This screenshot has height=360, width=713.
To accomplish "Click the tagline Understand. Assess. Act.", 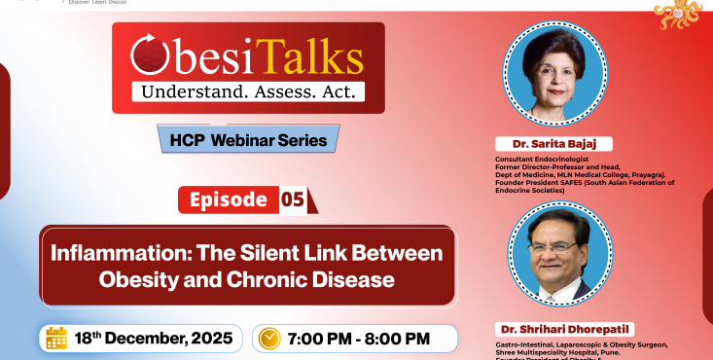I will (248, 92).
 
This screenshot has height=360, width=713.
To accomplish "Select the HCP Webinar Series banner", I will (248, 139).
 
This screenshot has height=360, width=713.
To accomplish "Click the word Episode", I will (228, 199).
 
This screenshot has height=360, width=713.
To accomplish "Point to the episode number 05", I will (293, 200).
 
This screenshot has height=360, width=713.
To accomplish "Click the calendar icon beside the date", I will (57, 338).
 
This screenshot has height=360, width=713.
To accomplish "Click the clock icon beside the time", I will (269, 339).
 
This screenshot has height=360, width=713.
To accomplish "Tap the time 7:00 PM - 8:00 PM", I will (359, 339).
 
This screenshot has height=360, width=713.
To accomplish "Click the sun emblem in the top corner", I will (680, 14).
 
